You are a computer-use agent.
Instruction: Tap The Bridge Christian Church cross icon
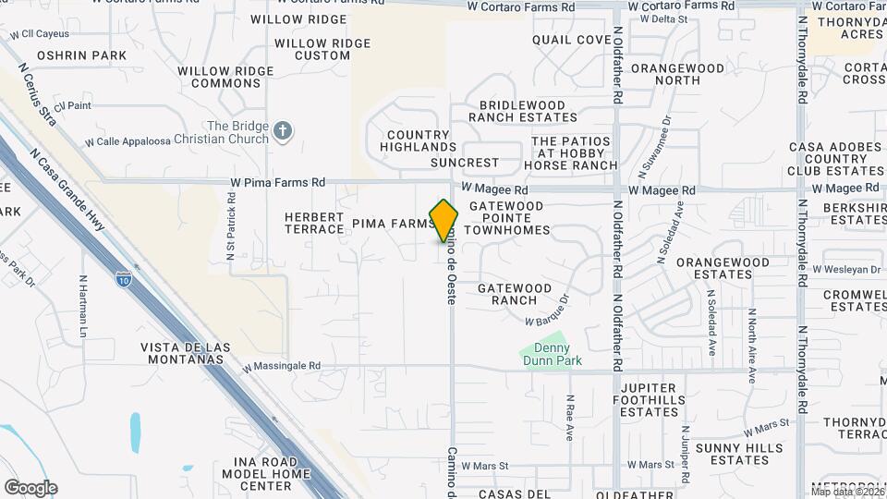pyautogui.click(x=283, y=133)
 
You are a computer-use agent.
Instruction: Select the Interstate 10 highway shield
pyautogui.click(x=123, y=277)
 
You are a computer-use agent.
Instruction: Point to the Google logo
pyautogui.click(x=30, y=488)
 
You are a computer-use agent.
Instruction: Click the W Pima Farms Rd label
pyautogui.click(x=278, y=183)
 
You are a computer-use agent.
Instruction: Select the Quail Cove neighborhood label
pyautogui.click(x=572, y=40)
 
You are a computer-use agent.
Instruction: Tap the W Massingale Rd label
pyautogui.click(x=282, y=366)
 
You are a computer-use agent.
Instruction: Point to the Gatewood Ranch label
pyautogui.click(x=515, y=294)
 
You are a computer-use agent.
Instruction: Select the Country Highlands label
pyautogui.click(x=418, y=140)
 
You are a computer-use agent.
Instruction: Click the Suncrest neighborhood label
pyautogui.click(x=465, y=163)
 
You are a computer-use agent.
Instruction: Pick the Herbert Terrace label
pyautogui.click(x=314, y=222)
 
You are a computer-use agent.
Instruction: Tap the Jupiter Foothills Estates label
pyautogui.click(x=650, y=399)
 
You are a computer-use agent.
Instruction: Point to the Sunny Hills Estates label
pyautogui.click(x=732, y=454)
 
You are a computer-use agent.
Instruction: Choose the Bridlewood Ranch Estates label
pyautogui.click(x=523, y=111)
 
